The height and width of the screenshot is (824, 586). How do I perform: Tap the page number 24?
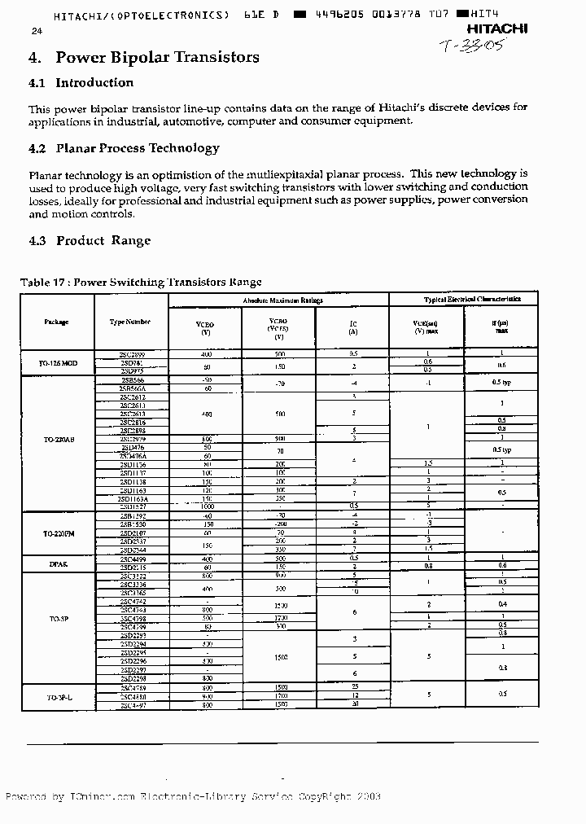pos(36,31)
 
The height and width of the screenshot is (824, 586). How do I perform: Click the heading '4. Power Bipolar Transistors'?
pos(144,57)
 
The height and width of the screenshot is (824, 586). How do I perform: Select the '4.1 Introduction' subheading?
pos(81,82)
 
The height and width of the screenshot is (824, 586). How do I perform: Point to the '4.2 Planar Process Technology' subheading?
pos(124,148)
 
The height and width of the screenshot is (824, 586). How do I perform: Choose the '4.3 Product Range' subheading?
pos(90,240)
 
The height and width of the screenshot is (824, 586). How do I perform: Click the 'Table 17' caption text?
pos(141,282)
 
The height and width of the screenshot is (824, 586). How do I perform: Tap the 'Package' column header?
pos(57,322)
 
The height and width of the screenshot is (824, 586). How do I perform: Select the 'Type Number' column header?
pos(130,322)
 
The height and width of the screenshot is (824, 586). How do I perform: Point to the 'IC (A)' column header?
pos(353,327)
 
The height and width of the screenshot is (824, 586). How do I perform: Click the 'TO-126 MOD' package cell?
pos(58,362)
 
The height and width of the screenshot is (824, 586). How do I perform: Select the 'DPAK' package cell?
pos(58,562)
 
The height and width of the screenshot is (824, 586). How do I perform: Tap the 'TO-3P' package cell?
pos(58,619)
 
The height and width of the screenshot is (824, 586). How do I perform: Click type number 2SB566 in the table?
pos(132,380)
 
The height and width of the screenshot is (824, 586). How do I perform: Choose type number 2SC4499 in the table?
pos(132,559)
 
